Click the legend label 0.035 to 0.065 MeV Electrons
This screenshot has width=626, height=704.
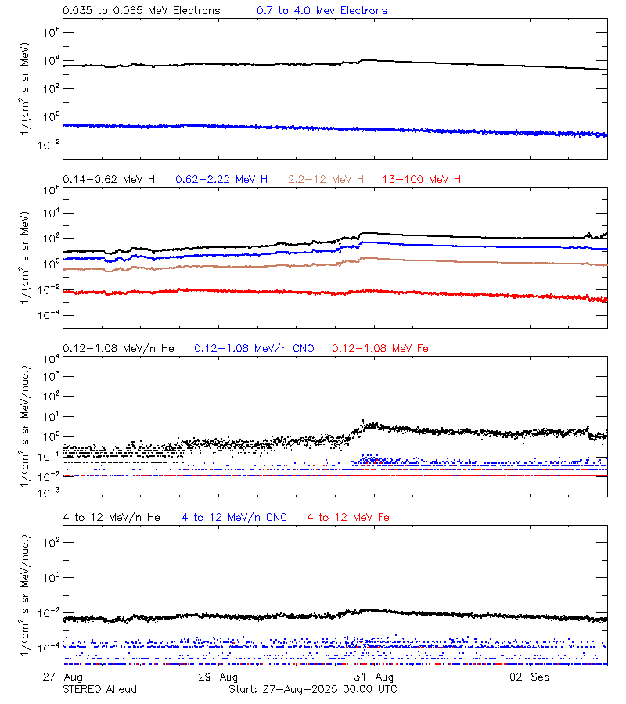141,11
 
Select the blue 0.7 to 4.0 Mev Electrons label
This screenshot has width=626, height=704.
322,11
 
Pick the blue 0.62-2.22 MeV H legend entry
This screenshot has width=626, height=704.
221,180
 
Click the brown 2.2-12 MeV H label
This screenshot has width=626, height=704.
326,180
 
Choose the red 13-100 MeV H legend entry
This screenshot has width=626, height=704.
422,180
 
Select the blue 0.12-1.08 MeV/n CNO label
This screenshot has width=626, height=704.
254,348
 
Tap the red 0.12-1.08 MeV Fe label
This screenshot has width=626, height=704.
380,348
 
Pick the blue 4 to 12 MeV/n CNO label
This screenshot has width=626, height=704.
235,517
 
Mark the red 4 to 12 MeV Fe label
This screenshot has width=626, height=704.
348,517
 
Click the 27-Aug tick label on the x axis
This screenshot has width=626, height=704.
63,677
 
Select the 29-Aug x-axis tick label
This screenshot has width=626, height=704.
218,677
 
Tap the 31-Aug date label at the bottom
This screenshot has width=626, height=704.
374,677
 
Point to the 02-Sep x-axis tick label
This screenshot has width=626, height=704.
530,677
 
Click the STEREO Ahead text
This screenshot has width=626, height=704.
99,689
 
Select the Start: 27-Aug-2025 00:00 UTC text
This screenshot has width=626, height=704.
312,689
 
